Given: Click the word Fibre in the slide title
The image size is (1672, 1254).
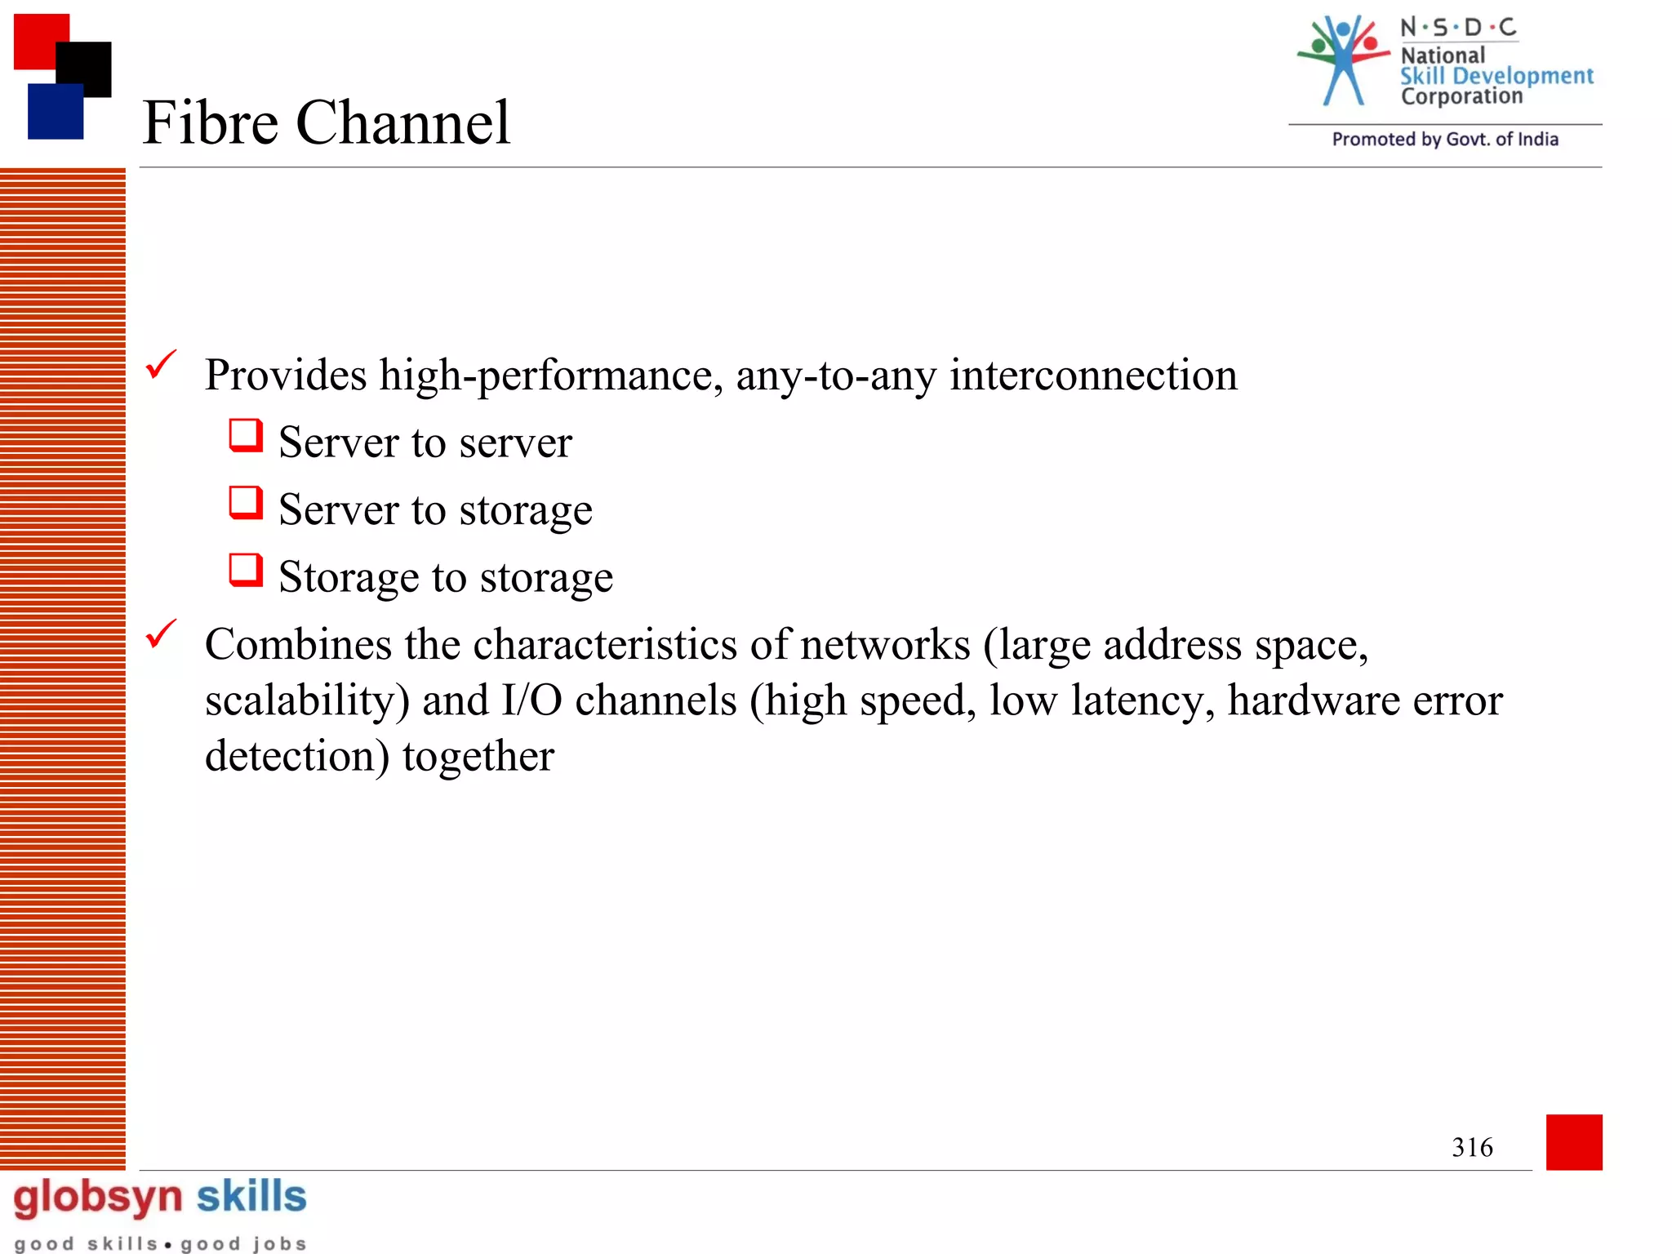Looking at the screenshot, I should [211, 122].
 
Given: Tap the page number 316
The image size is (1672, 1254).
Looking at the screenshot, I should [1472, 1147].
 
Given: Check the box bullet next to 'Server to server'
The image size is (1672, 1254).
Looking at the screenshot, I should [246, 435].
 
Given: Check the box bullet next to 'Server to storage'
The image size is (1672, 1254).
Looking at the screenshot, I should [246, 503].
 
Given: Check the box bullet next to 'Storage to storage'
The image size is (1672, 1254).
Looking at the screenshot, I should [246, 570].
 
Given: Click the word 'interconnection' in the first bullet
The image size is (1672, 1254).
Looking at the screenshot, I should [1093, 376].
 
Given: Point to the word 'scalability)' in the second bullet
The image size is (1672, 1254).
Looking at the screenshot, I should [307, 700].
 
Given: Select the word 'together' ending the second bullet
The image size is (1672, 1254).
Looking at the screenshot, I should [478, 757].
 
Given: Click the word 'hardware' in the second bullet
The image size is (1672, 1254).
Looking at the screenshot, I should [1314, 700].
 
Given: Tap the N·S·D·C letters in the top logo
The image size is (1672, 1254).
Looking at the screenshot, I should [1458, 28].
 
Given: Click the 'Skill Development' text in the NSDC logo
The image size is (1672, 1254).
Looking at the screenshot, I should [1496, 76].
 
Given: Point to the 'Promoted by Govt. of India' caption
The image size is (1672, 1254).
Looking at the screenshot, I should [1445, 140].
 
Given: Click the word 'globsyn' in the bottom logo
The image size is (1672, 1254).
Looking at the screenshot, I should [98, 1198].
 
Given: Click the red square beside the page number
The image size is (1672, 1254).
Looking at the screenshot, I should [1574, 1142].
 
